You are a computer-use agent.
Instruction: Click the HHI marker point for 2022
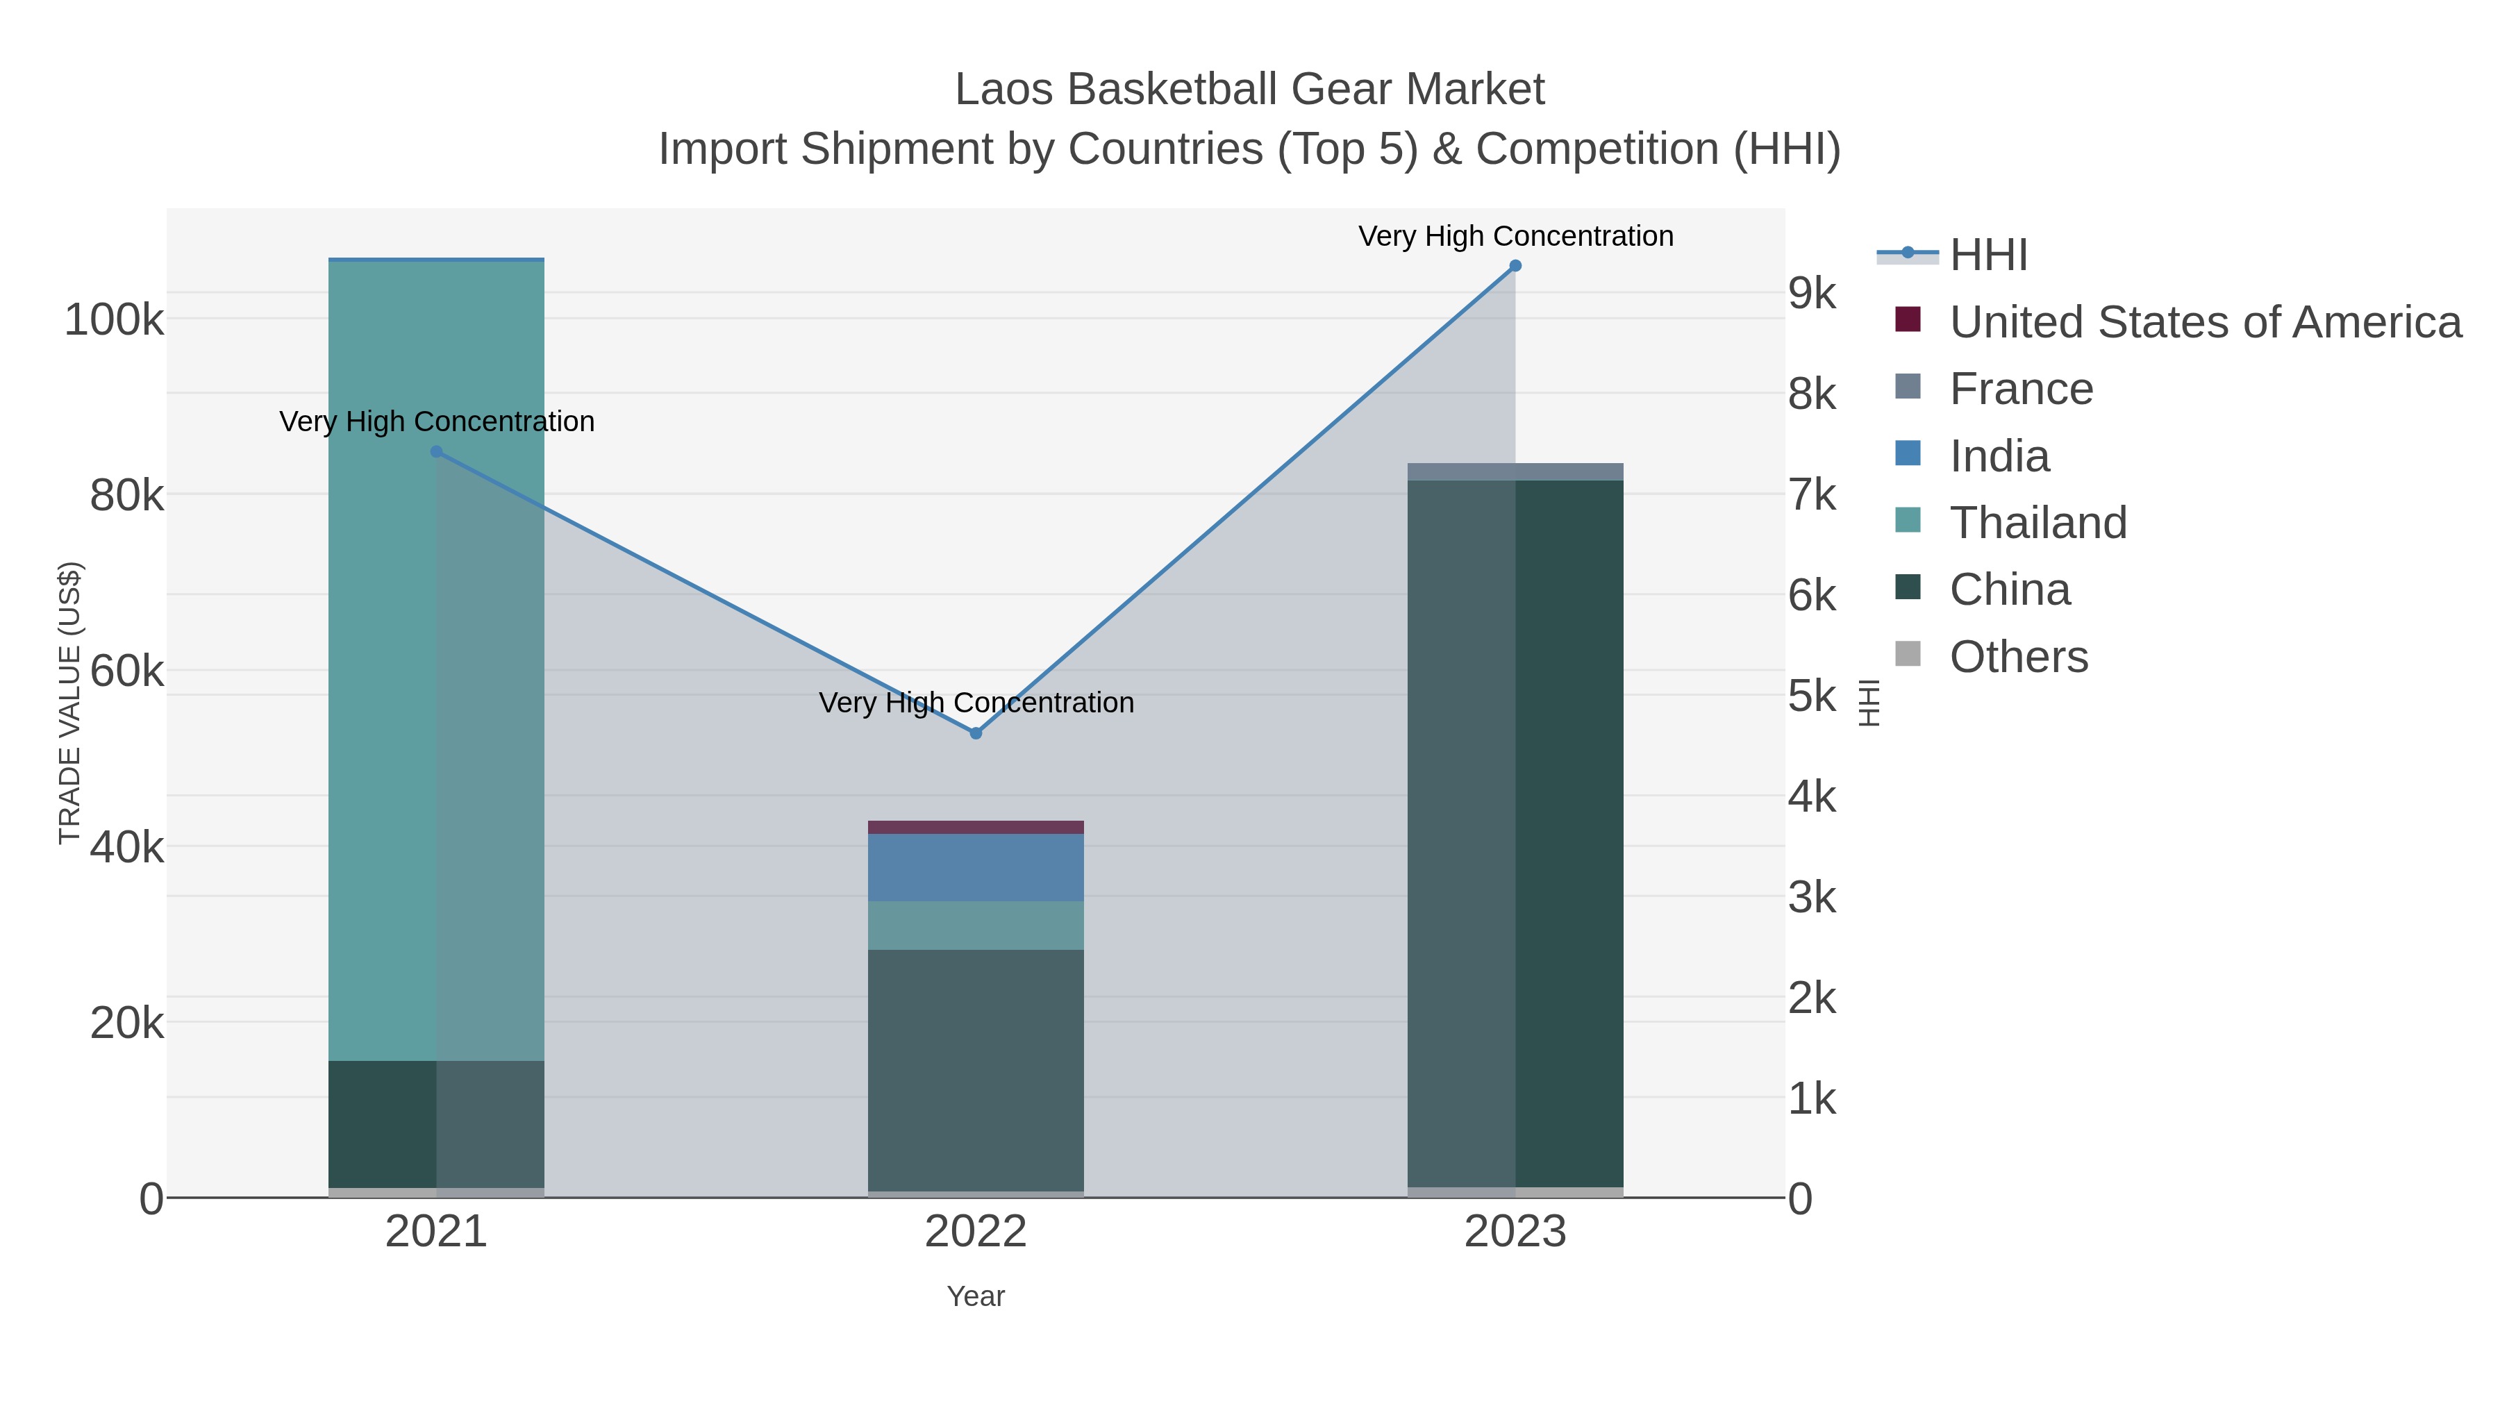[x=976, y=734]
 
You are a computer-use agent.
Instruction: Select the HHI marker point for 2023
[x=1515, y=266]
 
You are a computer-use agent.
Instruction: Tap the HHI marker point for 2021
[x=437, y=452]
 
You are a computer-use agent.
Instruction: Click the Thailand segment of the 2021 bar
[x=437, y=660]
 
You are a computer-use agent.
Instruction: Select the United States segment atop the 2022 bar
[x=976, y=828]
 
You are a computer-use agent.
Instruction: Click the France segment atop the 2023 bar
[x=1515, y=471]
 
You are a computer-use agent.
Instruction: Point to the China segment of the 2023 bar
[x=1515, y=835]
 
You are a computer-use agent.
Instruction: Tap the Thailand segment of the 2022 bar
[x=976, y=926]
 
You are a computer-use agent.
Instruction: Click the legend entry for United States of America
[x=2205, y=322]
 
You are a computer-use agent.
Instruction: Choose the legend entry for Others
[x=2019, y=657]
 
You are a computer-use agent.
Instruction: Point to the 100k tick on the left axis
[x=115, y=319]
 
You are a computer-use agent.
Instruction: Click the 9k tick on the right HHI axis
[x=1812, y=293]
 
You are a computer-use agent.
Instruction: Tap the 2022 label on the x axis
[x=976, y=1232]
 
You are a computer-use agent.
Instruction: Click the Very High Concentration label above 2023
[x=1515, y=236]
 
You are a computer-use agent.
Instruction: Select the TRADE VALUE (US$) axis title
[x=70, y=703]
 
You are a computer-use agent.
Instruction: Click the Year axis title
[x=976, y=1296]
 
